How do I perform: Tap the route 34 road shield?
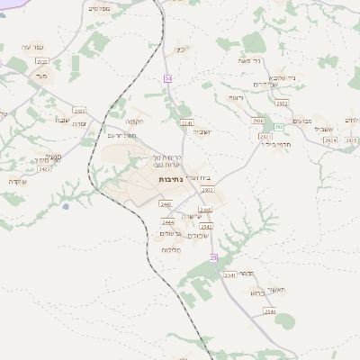point(167,79)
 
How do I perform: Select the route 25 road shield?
point(214,257)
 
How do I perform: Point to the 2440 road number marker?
point(139,204)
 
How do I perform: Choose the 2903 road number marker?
point(208,190)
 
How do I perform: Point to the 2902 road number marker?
point(282,103)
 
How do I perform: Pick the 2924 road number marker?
point(329,140)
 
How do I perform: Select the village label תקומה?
point(135,121)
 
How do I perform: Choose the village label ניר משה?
point(276,63)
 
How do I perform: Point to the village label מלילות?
point(169,248)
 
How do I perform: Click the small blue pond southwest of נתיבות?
point(66,206)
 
